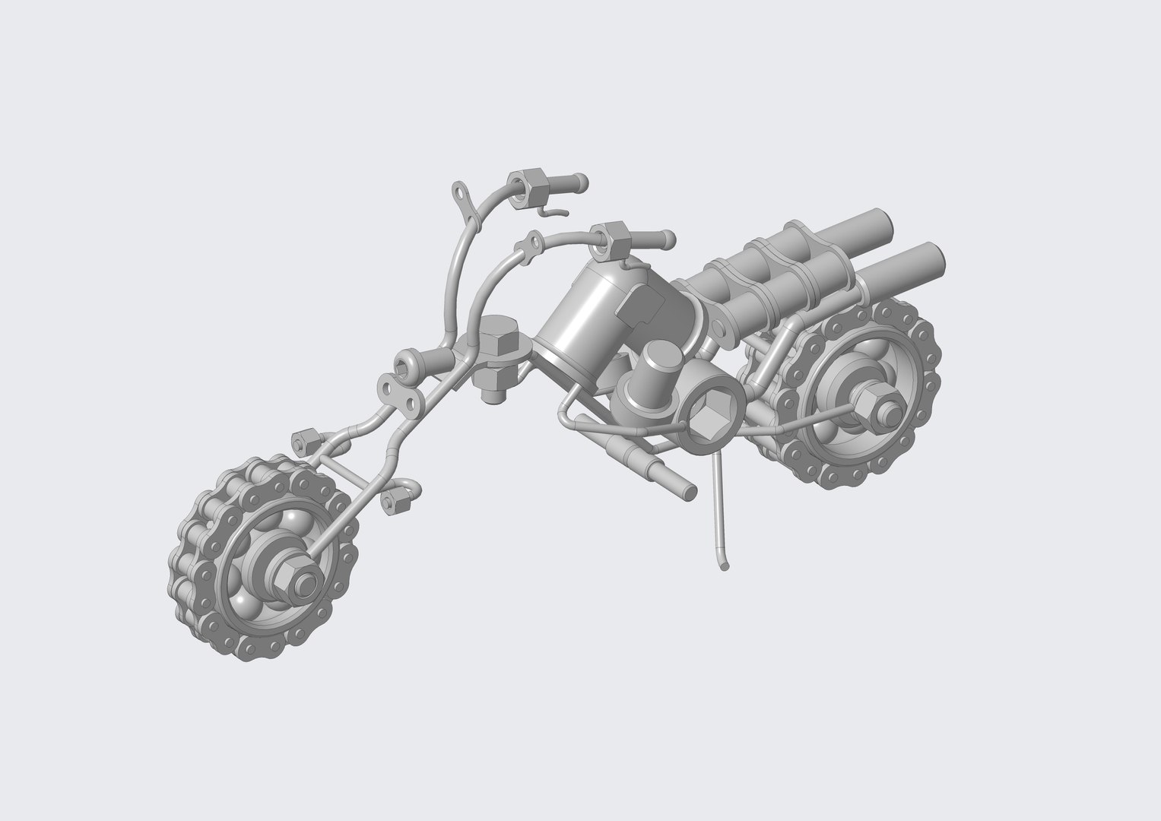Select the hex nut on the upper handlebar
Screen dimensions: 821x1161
524,185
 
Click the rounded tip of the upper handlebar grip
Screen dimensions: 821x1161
581,181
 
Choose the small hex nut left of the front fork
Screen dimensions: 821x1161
302,439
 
